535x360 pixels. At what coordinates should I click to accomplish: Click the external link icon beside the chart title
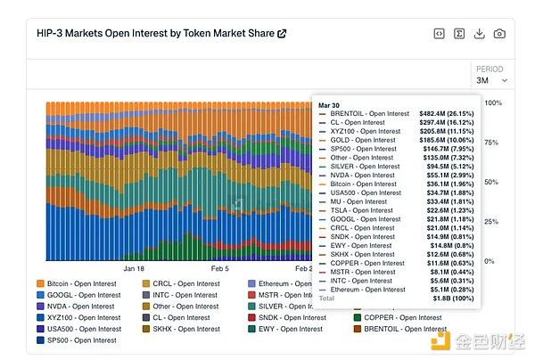click(282, 34)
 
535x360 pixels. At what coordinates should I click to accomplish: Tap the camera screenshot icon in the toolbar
click(499, 34)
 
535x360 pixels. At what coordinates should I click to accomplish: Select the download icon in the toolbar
click(479, 34)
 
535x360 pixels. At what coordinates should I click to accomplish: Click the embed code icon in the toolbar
click(439, 34)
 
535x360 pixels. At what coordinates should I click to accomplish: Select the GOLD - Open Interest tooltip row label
click(363, 141)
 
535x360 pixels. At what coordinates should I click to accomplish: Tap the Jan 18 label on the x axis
click(134, 267)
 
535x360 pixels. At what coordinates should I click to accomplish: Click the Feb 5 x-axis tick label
click(218, 267)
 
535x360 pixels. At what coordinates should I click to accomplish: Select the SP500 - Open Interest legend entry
click(81, 340)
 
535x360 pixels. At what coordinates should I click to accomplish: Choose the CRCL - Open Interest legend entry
click(184, 283)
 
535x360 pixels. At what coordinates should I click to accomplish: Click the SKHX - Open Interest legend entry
click(184, 329)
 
